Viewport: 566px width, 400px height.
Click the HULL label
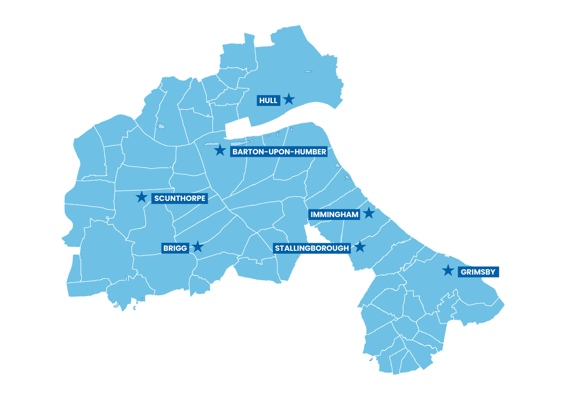click(268, 100)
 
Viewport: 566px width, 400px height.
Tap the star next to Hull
click(288, 99)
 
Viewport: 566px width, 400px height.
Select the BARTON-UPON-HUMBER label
click(279, 152)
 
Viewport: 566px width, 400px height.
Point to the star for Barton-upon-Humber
click(220, 151)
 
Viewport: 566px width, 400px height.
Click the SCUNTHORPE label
click(180, 198)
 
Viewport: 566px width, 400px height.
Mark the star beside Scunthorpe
click(141, 197)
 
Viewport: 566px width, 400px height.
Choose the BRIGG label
click(175, 248)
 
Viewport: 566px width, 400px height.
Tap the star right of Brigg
click(198, 247)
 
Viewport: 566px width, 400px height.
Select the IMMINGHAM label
click(334, 215)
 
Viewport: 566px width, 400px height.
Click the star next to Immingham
click(369, 213)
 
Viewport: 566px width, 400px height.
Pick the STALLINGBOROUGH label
click(312, 248)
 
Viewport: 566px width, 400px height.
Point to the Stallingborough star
click(360, 247)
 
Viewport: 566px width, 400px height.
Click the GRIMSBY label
click(479, 272)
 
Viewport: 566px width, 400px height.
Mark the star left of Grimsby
click(448, 271)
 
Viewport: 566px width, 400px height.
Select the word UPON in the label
click(277, 152)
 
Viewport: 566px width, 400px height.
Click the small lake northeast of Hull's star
click(308, 72)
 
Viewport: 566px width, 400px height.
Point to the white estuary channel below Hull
click(285, 119)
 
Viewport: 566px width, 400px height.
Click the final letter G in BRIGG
click(184, 248)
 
